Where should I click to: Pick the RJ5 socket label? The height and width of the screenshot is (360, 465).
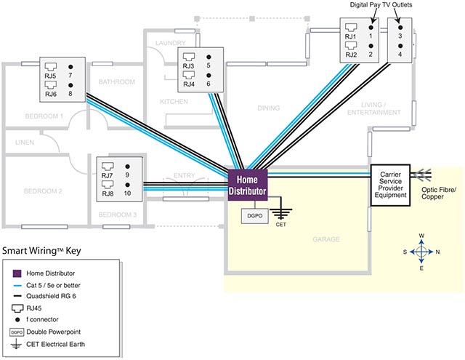pyautogui.click(x=50, y=75)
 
